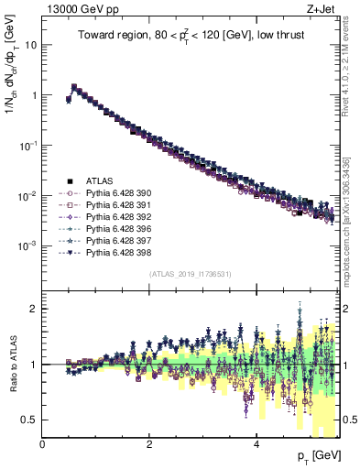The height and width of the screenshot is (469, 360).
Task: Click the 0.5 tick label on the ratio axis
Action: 28,420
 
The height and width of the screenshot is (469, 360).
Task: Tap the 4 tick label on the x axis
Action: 256,444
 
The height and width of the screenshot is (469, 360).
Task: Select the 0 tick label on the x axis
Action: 43,444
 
